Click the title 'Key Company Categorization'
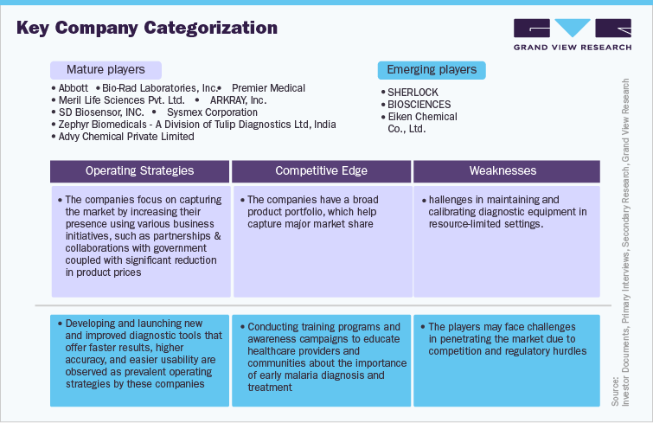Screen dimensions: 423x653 147,28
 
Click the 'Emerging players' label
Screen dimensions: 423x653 432,69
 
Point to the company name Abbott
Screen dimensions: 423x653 74,88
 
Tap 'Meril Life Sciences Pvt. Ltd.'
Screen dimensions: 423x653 121,100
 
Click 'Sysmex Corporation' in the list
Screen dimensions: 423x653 212,112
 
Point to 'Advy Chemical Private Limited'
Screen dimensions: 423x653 126,137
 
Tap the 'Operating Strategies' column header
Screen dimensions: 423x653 139,171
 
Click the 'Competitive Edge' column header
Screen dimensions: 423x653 322,171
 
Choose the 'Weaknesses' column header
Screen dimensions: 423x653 503,171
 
